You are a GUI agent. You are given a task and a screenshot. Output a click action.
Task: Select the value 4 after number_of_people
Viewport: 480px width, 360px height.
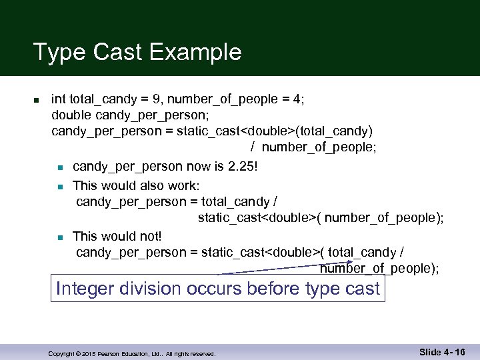point(299,99)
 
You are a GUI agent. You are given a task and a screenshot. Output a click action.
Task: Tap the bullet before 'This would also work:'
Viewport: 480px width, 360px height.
point(60,185)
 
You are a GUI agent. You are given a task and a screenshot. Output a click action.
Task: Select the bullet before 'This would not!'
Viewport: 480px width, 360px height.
point(60,237)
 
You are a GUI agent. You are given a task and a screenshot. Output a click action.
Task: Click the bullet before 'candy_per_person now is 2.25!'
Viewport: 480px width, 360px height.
point(60,165)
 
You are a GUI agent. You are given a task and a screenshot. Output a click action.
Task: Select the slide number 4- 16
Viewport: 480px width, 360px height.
point(451,351)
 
